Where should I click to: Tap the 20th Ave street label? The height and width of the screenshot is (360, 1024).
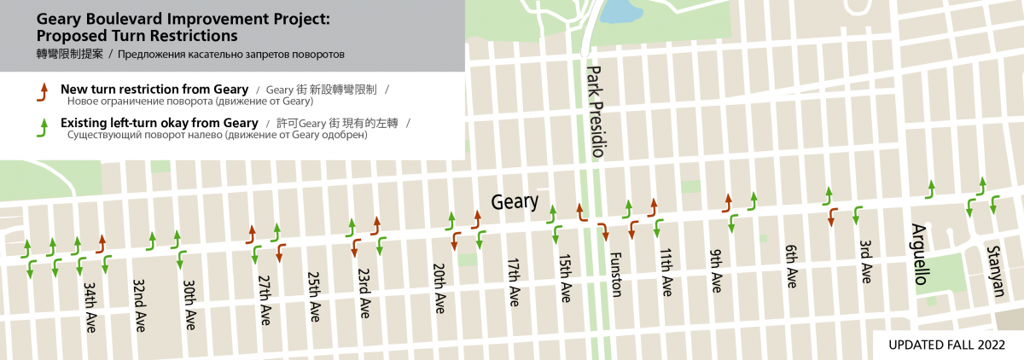(439, 288)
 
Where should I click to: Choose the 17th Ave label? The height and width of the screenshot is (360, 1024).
(514, 283)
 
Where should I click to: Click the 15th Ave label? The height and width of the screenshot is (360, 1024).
(564, 278)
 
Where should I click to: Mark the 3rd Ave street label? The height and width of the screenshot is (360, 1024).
(865, 262)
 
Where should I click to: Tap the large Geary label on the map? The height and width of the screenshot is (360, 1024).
(515, 201)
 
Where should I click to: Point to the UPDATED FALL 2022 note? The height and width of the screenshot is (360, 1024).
(945, 345)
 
